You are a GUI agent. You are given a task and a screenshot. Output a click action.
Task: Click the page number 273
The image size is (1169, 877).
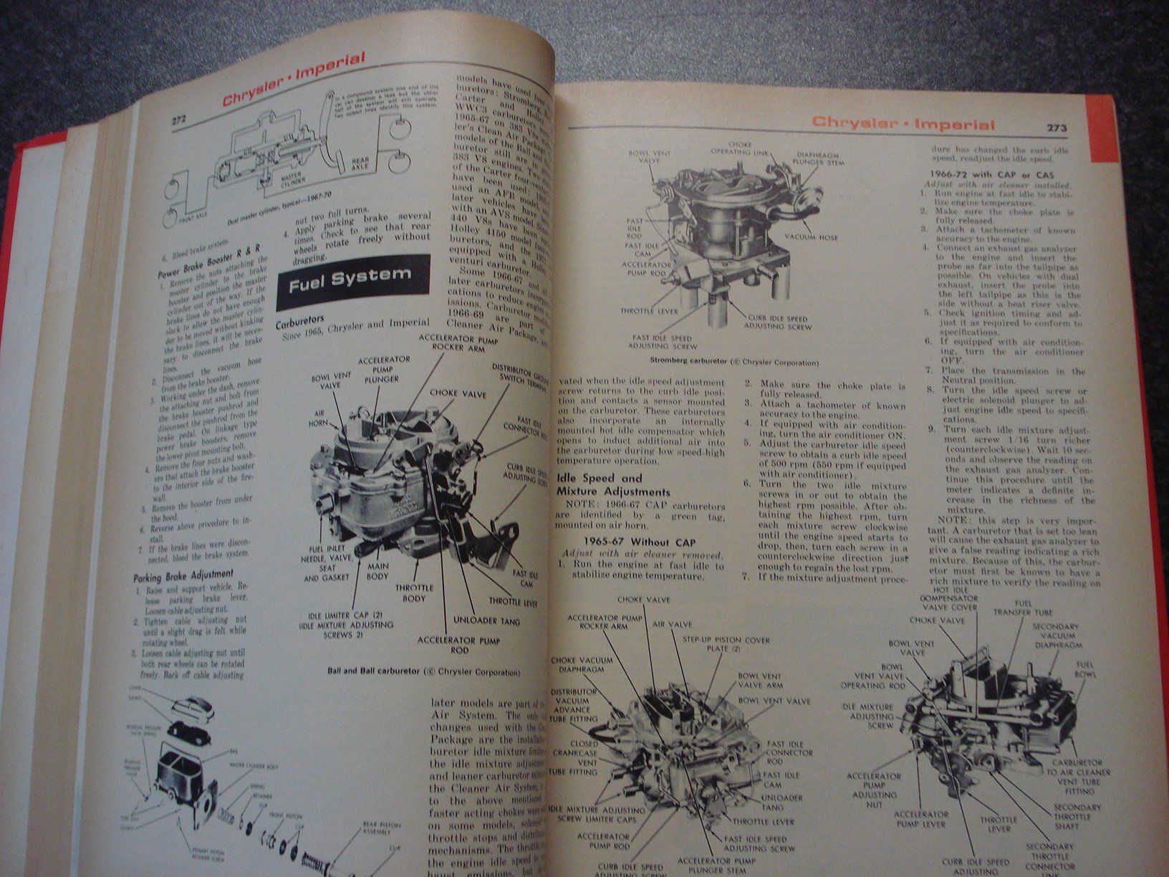[1057, 128]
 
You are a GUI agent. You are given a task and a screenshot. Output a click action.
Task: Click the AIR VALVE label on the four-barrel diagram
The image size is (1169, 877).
[672, 624]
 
